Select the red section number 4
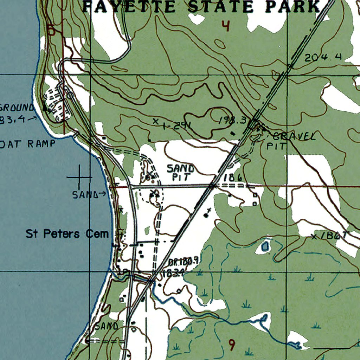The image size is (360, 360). click(x=225, y=26)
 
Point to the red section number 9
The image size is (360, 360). click(x=231, y=345)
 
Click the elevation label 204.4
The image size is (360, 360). click(x=323, y=58)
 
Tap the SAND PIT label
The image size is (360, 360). click(x=180, y=172)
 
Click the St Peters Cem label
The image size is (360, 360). click(x=67, y=234)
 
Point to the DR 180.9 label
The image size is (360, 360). click(x=184, y=261)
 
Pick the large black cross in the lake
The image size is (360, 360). click(x=79, y=177)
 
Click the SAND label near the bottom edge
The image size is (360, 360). click(x=106, y=326)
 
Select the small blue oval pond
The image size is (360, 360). click(x=265, y=246)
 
